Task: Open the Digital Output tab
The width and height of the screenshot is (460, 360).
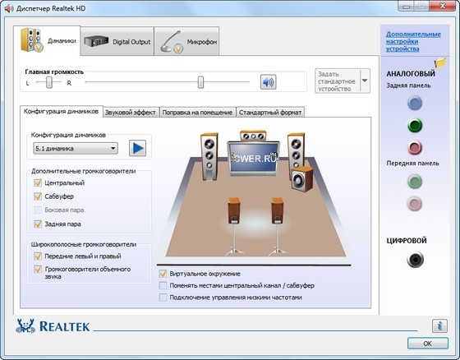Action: click(117, 41)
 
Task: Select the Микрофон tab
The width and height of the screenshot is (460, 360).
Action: click(186, 41)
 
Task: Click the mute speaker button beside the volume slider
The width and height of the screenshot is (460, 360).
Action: click(268, 82)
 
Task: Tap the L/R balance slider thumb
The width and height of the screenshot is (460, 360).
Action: click(49, 82)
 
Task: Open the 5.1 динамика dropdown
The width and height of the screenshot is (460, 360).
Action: click(76, 148)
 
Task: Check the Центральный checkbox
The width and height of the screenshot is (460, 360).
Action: click(38, 183)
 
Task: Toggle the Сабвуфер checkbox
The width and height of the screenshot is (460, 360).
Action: click(38, 196)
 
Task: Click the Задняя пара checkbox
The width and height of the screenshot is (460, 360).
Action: click(38, 224)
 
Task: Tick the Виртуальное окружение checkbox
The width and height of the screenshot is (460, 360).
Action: click(163, 274)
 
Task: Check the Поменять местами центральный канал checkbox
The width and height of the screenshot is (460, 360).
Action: click(163, 285)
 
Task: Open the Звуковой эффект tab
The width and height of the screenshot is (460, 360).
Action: click(131, 112)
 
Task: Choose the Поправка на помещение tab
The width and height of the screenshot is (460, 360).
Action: click(197, 112)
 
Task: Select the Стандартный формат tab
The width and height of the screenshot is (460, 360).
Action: click(270, 112)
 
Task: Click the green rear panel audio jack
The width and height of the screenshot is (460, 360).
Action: click(415, 126)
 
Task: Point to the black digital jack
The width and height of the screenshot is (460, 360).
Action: click(415, 260)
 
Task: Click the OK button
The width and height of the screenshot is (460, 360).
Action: click(428, 344)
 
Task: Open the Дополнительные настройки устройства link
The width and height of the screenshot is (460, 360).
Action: click(413, 41)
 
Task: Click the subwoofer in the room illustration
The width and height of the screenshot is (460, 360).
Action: click(302, 178)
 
